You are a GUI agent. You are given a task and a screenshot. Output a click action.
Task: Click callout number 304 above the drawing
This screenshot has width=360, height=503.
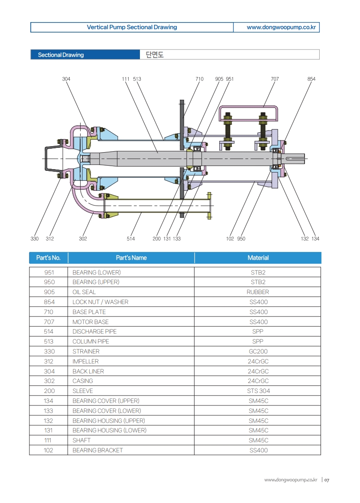tap(66, 79)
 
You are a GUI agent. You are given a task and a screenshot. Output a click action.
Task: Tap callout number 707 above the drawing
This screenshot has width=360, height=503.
tap(275, 79)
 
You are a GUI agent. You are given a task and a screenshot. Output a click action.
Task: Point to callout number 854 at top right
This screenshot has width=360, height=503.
tap(311, 79)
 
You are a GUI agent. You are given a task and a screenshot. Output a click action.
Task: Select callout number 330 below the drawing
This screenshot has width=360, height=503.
tap(35, 238)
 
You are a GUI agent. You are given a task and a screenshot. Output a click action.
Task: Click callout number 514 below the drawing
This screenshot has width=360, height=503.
tap(131, 238)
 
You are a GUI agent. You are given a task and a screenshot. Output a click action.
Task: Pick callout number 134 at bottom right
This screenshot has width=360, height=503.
tap(315, 238)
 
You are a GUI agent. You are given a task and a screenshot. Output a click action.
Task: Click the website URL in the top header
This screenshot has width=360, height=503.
tap(276, 27)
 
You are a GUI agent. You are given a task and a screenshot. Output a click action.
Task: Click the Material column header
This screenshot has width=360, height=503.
tap(258, 258)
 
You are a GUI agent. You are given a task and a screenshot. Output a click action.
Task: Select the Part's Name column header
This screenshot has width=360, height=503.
tap(131, 258)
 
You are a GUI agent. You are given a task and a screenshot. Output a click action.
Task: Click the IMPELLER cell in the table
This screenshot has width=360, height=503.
tap(85, 361)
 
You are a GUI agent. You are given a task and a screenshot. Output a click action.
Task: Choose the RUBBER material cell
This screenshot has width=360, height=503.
tap(258, 292)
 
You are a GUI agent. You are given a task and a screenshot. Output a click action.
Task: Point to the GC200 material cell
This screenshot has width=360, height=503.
tap(258, 351)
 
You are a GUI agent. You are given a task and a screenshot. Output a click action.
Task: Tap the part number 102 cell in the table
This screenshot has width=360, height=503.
tap(49, 450)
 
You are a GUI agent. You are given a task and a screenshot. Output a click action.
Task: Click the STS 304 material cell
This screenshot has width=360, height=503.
tap(258, 391)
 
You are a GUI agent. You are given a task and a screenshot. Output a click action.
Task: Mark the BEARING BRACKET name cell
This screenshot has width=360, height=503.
tap(97, 450)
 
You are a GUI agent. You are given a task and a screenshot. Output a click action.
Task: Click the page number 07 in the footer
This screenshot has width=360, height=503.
tap(327, 480)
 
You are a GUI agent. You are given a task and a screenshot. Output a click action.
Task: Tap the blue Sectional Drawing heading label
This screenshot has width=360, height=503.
tap(61, 55)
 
